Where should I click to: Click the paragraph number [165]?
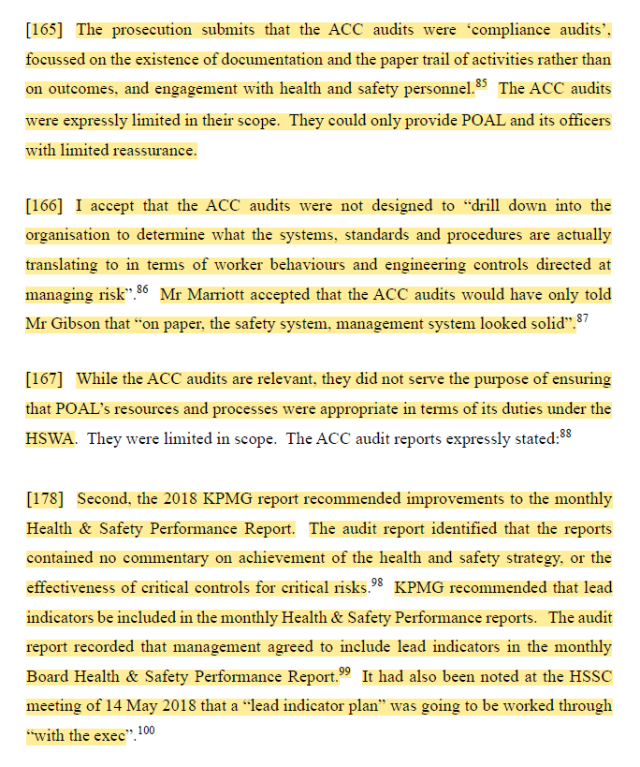45,30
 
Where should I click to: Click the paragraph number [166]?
45,205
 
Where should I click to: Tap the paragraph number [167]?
45,379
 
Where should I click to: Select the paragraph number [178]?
45,499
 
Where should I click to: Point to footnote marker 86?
142,289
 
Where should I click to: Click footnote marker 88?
565,434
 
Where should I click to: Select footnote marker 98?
377,583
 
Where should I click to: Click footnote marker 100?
145,730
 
